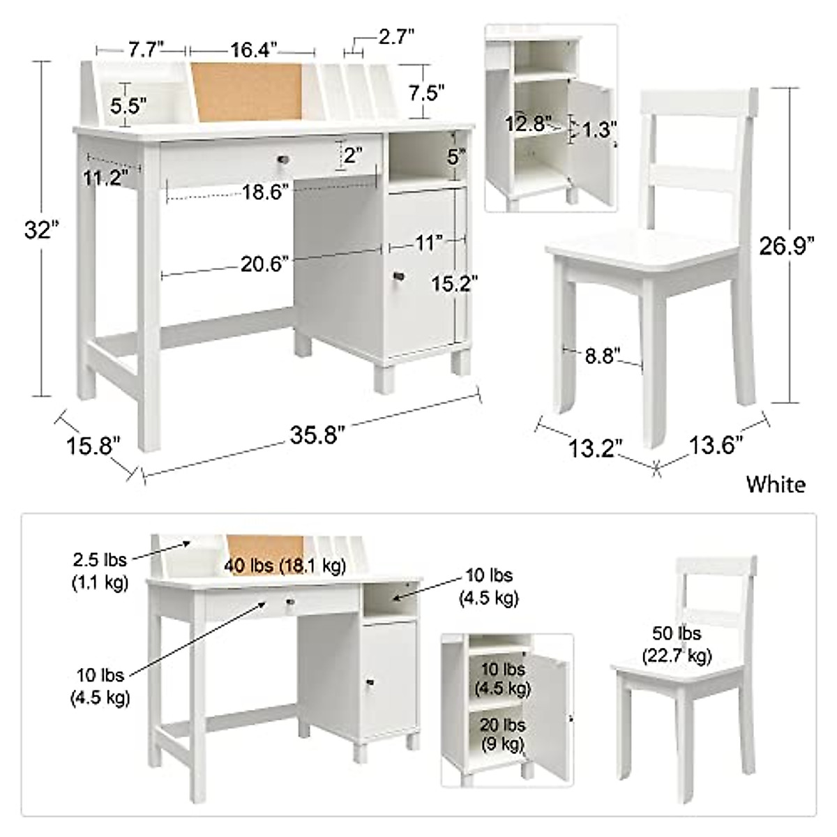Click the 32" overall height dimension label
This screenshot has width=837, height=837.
click(36, 229)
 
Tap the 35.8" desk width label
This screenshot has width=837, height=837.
click(317, 435)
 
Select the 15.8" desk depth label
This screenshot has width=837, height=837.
click(93, 444)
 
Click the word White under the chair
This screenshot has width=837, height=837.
click(775, 484)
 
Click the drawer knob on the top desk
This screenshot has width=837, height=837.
click(284, 159)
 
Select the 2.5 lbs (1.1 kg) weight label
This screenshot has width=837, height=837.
click(100, 572)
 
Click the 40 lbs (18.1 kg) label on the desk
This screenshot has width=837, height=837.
click(285, 566)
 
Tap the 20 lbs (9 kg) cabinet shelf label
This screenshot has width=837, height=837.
click(502, 734)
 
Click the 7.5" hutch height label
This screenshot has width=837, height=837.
click(426, 93)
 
